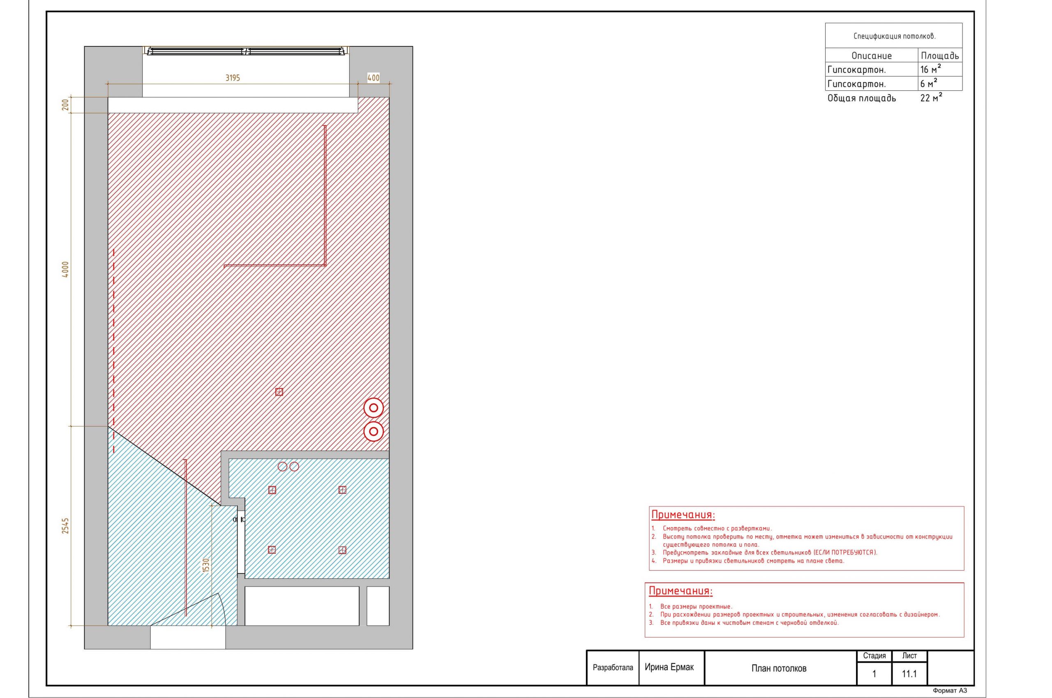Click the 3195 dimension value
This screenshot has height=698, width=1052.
coord(232,78)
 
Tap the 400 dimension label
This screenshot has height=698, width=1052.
coord(374,78)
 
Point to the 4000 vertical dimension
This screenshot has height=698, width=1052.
coord(65,269)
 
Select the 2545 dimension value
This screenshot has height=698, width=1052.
coord(65,526)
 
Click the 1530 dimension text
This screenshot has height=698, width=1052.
coord(205,566)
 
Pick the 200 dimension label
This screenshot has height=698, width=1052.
coord(65,105)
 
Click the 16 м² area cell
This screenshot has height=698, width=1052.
coord(930,69)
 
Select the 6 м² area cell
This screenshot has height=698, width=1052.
coord(929,84)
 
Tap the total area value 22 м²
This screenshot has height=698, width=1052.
coord(931,98)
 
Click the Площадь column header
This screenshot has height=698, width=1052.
coord(940,55)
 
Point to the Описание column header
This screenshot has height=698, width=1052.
coord(871,55)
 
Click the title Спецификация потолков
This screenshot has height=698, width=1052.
coord(895,37)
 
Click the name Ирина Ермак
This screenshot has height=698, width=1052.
coord(669,667)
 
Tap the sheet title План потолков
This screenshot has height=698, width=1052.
coord(779,668)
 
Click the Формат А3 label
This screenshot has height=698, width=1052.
coord(950,691)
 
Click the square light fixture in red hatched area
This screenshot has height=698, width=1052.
coord(279,392)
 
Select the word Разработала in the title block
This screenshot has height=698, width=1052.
coord(613,668)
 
